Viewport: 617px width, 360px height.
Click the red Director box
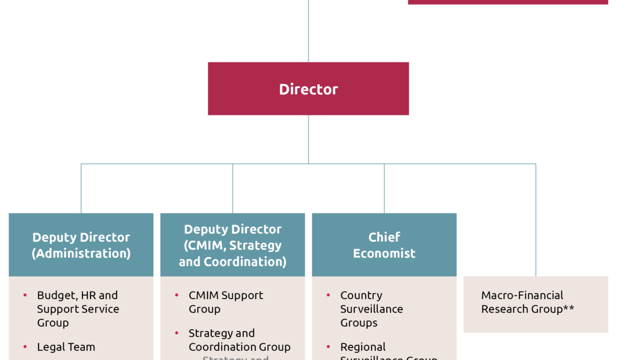coord(308,89)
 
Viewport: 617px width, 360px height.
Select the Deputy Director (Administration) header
coord(81,245)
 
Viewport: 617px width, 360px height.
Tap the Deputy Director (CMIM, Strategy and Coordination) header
coord(232,245)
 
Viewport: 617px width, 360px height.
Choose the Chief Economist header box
coord(384,245)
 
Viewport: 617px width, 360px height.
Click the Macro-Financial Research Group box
coord(536,303)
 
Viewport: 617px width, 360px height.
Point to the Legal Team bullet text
coord(66,347)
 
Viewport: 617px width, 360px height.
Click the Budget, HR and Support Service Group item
coord(77,309)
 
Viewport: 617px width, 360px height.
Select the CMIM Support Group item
coord(226,302)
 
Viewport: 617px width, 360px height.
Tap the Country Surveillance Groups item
coord(371,309)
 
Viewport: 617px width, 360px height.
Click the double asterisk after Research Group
coord(568,309)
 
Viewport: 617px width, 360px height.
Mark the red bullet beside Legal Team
coord(25,347)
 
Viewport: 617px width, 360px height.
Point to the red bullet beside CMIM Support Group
coord(176,295)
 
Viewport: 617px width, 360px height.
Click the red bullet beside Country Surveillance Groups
coord(328,295)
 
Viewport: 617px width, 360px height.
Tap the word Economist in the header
coord(384,253)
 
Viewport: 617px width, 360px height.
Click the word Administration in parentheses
coord(81,253)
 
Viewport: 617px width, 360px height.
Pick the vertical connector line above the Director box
coord(308,31)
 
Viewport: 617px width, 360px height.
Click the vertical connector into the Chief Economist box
coord(384,188)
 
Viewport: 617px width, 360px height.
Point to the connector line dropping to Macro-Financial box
coord(536,221)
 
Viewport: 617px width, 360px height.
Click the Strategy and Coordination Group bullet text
coord(239,340)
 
